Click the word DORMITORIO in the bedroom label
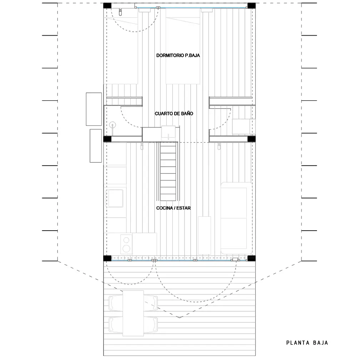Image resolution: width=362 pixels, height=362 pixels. coord(170,55)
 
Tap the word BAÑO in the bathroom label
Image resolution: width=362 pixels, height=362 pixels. coord(187,114)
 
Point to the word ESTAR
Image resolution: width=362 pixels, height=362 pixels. coord(183,208)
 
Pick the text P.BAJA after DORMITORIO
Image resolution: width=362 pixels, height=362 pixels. coord(192,55)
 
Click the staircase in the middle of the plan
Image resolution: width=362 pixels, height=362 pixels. coord(168,171)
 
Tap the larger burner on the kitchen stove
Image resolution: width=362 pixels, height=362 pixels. coord(126,248)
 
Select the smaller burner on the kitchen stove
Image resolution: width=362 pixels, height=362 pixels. coord(126,240)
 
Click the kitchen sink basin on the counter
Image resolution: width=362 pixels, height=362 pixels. coord(115,198)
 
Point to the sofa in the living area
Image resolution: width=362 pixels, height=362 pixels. coord(236,218)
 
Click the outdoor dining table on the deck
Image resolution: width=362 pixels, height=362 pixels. coord(133,313)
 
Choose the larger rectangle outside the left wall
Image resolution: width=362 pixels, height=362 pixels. coord(94,109)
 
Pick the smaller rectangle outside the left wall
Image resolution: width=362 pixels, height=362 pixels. coord(96,146)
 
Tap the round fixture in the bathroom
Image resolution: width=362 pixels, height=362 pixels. coord(113,125)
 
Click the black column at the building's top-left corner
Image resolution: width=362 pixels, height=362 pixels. coord(107,6)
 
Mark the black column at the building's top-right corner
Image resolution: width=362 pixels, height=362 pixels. coord(251,6)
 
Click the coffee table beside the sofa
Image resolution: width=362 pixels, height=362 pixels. coord(205,235)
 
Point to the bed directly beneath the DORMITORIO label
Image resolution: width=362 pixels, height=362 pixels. coord(183,46)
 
